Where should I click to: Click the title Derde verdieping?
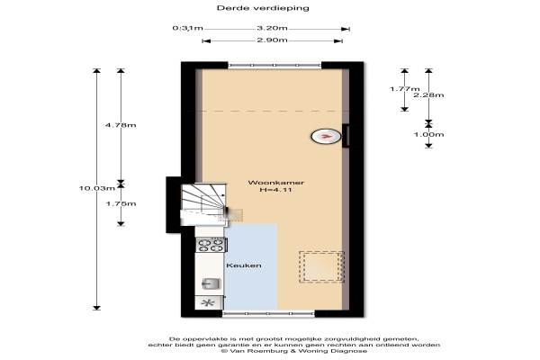pos(263,8)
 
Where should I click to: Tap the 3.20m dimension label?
pos(272,28)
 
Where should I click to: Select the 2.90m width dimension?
pos(272,40)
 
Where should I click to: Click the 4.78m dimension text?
pos(121,125)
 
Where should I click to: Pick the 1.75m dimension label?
pos(121,203)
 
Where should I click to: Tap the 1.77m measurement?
pos(405,89)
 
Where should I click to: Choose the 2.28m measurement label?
pos(428,95)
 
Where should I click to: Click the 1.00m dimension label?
pos(428,134)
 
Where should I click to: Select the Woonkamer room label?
pos(276,183)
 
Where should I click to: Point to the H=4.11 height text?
pos(276,190)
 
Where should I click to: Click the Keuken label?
pos(244,265)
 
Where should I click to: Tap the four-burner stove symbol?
pos(210,245)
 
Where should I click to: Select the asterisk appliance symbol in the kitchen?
pos(207,302)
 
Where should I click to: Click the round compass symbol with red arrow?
pos(326,137)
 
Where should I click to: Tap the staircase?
pos(203,204)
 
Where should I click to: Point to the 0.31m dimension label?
pos(187,28)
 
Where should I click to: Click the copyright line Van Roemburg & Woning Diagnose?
pos(294,351)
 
